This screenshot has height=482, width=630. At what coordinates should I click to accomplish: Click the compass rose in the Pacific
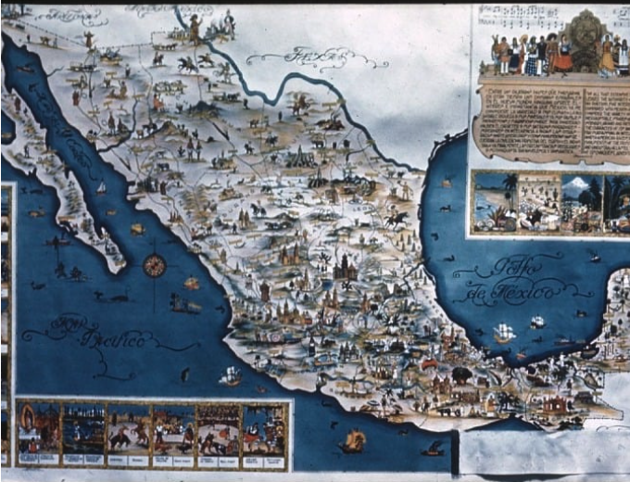154,265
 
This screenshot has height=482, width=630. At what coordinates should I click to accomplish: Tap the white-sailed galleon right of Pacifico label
229,375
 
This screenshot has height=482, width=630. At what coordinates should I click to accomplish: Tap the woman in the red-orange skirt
563,57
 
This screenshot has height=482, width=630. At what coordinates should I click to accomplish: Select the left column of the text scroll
512,120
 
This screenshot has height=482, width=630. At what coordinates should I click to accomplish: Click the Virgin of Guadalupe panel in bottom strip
37,432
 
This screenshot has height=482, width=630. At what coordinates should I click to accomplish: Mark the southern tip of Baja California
118,268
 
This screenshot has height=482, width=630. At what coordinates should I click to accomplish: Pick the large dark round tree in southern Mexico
460,375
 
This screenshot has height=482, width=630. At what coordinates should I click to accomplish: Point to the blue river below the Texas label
278,88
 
